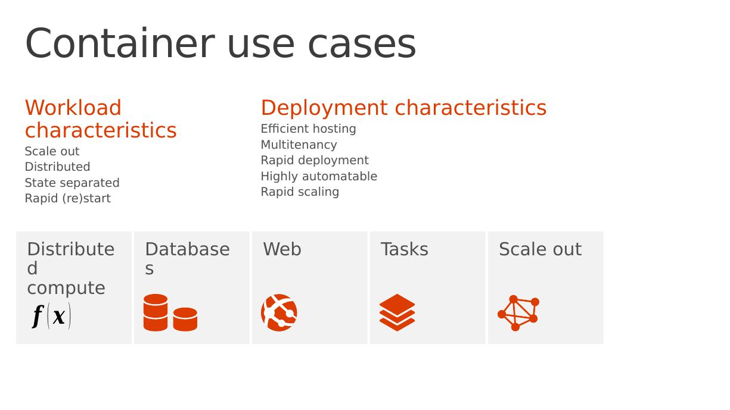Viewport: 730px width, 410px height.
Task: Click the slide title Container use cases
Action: click(220, 43)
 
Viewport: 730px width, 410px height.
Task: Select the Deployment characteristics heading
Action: click(403, 108)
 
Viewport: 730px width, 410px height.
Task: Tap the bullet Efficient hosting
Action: click(308, 129)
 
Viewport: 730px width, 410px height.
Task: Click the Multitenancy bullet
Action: click(299, 145)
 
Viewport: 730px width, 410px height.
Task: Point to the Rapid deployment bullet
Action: click(315, 160)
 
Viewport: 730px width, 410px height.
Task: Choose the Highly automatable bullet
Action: click(319, 176)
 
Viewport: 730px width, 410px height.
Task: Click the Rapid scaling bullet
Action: click(300, 192)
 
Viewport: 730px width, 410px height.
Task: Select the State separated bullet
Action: click(72, 183)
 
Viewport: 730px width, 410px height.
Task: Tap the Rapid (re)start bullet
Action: click(68, 198)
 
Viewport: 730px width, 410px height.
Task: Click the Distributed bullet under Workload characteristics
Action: click(57, 167)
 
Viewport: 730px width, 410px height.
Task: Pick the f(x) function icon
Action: click(51, 315)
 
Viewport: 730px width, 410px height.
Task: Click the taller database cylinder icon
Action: click(156, 312)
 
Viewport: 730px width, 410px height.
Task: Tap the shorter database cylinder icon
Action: click(185, 319)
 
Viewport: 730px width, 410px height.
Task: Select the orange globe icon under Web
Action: click(279, 312)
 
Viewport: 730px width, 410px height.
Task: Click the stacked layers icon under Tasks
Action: click(397, 312)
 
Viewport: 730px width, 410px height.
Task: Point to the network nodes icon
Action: click(518, 312)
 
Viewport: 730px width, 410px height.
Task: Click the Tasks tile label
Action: click(405, 249)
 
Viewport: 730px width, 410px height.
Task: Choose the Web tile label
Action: click(282, 249)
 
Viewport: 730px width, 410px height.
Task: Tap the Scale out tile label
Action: click(540, 249)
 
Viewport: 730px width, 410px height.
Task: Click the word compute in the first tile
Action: click(66, 288)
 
